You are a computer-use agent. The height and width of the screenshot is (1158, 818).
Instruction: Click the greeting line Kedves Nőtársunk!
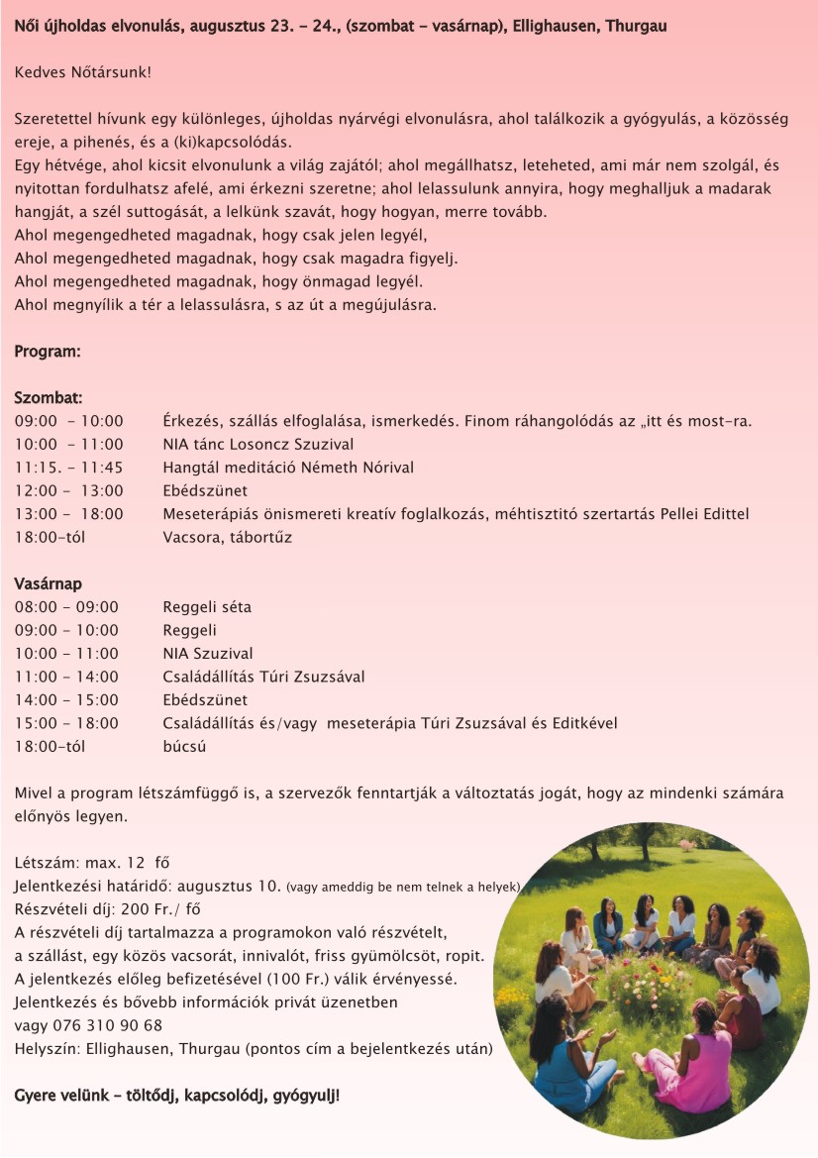tap(83, 72)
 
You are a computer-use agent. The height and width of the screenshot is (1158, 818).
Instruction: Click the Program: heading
tap(48, 352)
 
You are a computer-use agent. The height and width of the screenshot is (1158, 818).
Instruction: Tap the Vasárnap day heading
tap(49, 583)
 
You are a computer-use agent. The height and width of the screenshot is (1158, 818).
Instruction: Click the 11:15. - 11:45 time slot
tap(69, 468)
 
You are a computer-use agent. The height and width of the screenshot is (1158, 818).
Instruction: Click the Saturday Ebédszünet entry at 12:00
tap(205, 491)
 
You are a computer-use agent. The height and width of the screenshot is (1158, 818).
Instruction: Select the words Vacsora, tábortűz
tap(227, 537)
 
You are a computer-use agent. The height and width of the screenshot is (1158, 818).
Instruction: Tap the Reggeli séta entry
tap(207, 607)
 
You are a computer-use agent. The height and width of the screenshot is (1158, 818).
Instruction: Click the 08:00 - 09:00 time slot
tap(66, 607)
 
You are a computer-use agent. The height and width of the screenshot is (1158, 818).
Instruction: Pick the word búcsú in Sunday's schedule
tap(184, 747)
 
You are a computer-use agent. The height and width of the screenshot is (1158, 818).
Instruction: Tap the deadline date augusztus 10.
tap(225, 885)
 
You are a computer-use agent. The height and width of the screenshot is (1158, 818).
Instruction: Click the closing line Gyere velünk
tap(176, 1096)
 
